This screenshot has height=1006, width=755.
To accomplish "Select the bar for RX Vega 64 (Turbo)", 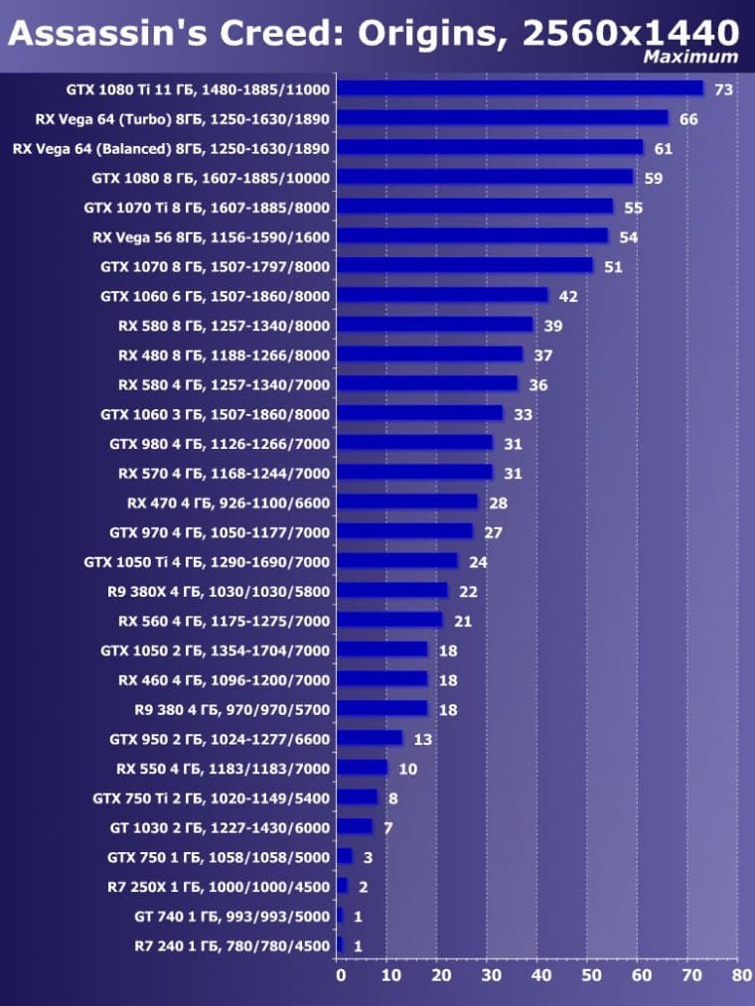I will [x=502, y=118].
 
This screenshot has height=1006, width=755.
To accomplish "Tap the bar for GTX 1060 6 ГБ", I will [x=441, y=295].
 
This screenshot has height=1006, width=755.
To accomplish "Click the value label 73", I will [x=723, y=90].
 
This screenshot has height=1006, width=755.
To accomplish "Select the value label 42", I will [x=568, y=296].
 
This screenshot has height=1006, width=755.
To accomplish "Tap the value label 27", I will [x=494, y=532].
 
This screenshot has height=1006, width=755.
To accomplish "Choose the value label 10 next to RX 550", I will [x=408, y=769].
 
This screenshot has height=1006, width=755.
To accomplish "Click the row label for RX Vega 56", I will [x=211, y=237].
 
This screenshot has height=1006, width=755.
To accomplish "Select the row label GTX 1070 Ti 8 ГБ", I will [x=208, y=208].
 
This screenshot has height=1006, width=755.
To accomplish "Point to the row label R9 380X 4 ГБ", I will [x=218, y=591].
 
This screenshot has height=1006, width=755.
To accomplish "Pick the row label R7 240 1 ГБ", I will [x=231, y=945].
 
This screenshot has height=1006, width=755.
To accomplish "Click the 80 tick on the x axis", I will [x=739, y=976].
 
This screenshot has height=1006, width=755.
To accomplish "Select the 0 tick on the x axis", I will [x=341, y=976].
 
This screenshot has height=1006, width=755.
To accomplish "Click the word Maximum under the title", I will [x=690, y=57].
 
